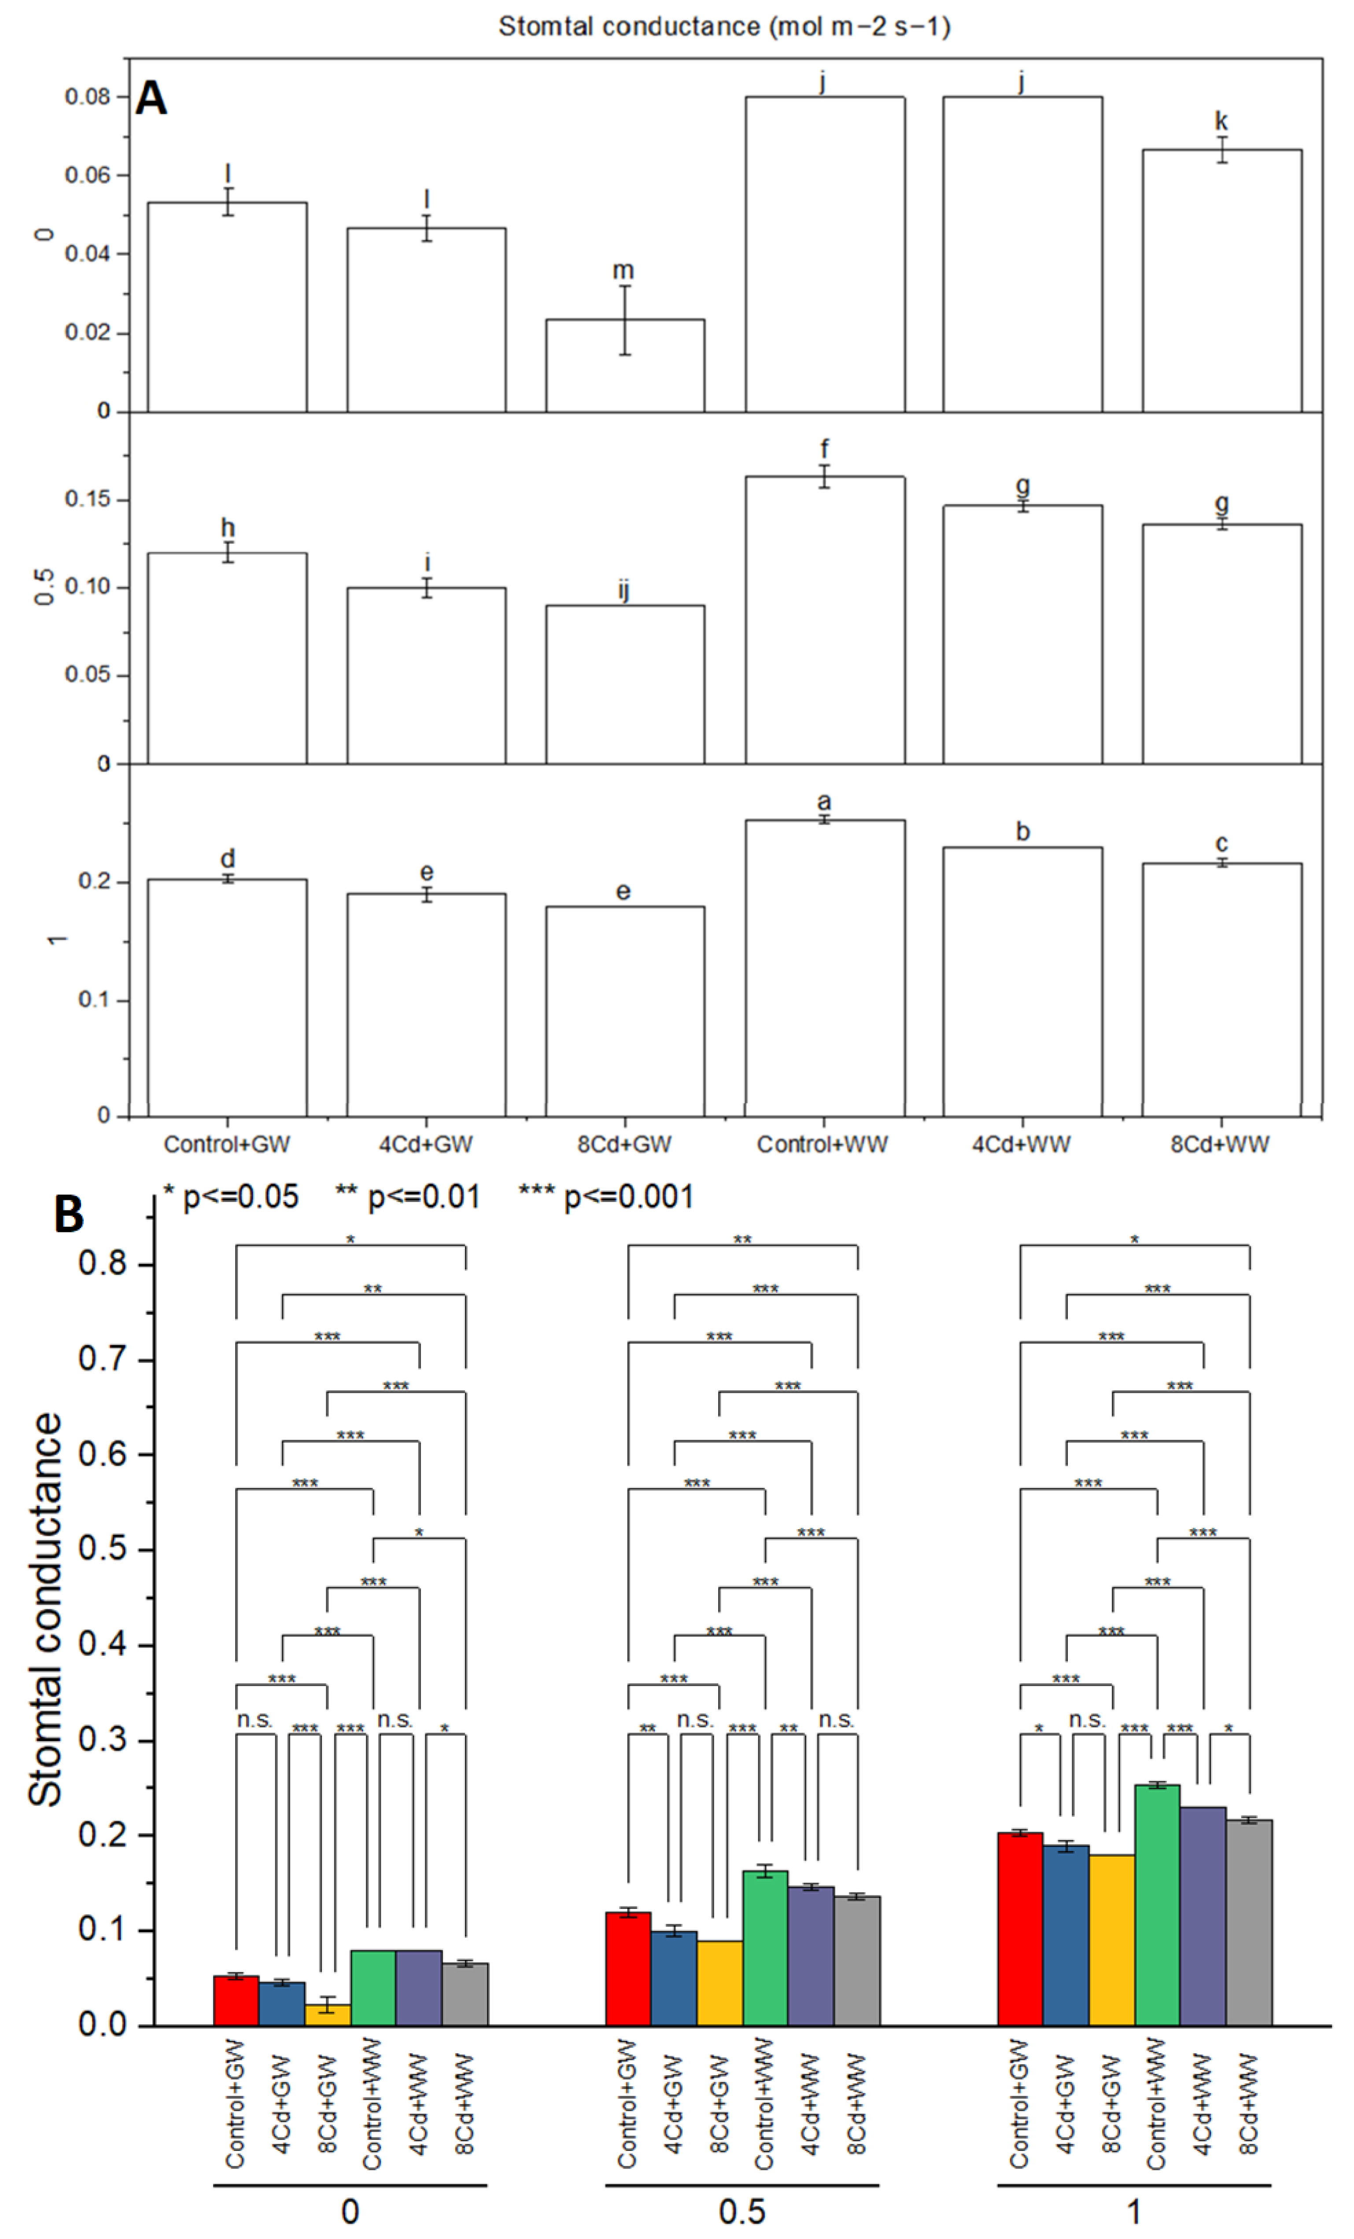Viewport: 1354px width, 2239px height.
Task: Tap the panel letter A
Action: tap(151, 98)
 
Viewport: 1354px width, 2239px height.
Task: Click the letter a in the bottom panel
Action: tap(824, 801)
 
